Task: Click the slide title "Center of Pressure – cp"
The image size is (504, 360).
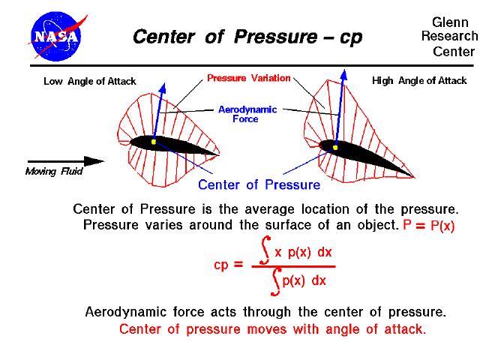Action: pos(247,37)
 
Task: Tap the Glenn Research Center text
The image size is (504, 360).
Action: pos(449,36)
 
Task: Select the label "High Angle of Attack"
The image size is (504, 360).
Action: pos(419,81)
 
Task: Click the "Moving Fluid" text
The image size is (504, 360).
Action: pos(54,172)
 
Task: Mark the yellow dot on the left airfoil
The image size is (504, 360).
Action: pos(153,141)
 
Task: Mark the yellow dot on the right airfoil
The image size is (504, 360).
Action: pos(335,147)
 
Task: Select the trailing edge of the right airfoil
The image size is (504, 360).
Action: pos(412,176)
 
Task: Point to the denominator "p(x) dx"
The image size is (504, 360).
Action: pos(301,280)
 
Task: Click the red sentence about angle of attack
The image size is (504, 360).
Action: pos(273,329)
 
